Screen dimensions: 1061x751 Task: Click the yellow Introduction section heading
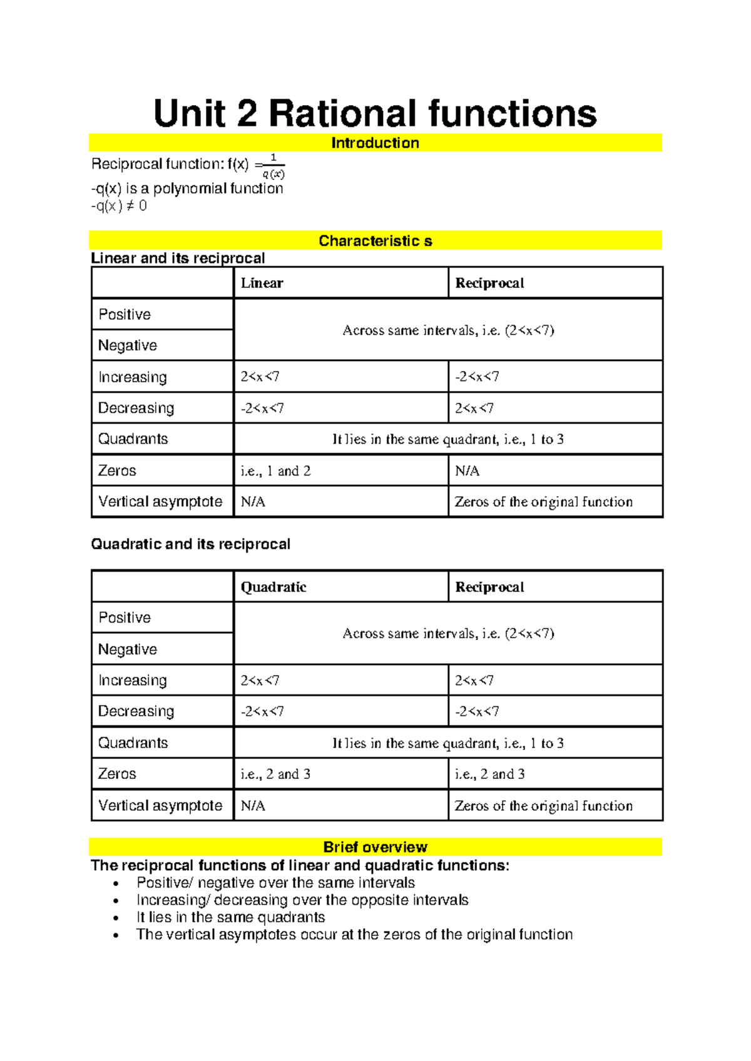(375, 143)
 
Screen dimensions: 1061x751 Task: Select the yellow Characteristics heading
(375, 241)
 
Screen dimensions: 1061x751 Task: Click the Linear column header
(262, 283)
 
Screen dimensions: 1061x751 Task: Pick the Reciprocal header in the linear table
(489, 283)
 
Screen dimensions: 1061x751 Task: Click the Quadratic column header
(273, 587)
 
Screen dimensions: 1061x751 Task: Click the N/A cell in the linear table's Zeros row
(467, 470)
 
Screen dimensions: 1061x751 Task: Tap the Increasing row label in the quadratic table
(133, 680)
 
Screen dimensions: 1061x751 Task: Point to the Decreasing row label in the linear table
(136, 408)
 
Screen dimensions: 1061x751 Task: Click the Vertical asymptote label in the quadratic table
(160, 805)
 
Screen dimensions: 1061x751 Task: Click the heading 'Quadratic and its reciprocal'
(190, 544)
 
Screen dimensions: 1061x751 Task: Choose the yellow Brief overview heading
(375, 847)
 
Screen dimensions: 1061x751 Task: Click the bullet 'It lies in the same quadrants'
(230, 917)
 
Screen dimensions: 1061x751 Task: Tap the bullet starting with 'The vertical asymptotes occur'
(354, 935)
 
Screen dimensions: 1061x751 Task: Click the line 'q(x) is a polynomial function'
(187, 188)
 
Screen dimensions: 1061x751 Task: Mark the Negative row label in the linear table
(128, 345)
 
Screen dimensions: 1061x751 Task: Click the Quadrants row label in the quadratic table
(133, 743)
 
